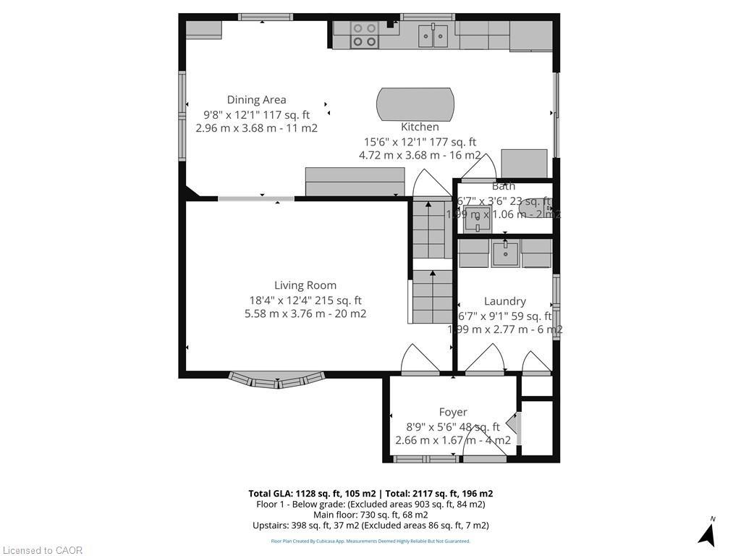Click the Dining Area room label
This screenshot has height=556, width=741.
tap(256, 100)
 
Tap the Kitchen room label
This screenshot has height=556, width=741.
tap(420, 127)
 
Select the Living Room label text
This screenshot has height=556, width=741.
tap(305, 285)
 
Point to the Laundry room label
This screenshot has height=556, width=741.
tap(504, 301)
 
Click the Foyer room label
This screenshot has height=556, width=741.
tap(453, 412)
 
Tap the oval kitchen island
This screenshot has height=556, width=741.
tap(416, 106)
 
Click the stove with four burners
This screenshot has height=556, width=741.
tap(365, 35)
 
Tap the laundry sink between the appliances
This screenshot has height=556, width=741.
tap(505, 253)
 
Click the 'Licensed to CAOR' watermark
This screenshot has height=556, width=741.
tap(42, 550)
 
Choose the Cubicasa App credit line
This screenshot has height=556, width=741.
tap(370, 541)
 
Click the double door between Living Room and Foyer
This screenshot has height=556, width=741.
tap(420, 361)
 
